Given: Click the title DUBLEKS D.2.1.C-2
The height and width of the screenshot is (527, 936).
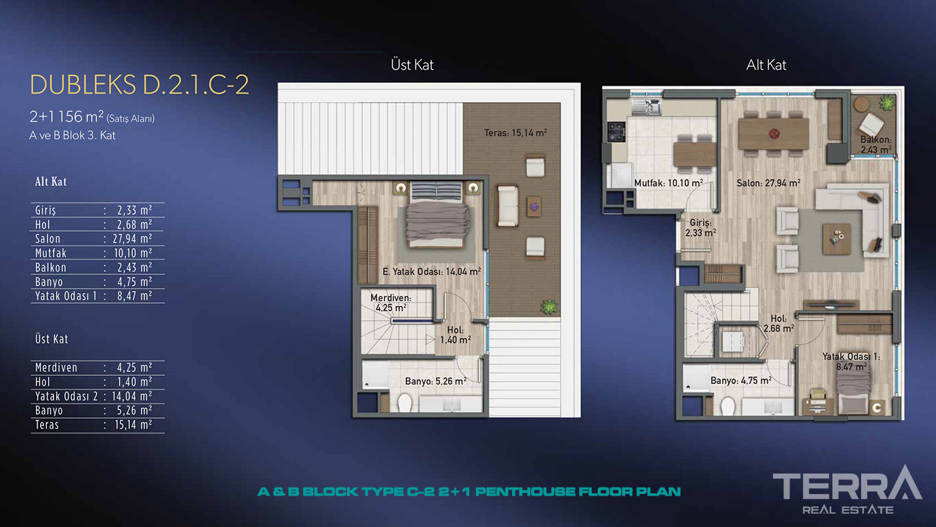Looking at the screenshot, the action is pyautogui.click(x=139, y=85).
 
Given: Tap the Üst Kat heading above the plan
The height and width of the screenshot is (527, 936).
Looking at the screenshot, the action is pyautogui.click(x=412, y=65).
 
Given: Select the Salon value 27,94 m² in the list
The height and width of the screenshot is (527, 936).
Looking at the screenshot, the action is pyautogui.click(x=132, y=239).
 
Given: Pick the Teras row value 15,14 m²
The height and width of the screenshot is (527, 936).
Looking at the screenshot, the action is pyautogui.click(x=133, y=425).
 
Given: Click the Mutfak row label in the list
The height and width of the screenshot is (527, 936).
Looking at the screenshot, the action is pyautogui.click(x=51, y=253).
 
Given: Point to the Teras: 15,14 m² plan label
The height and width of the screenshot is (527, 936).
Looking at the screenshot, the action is pyautogui.click(x=515, y=133).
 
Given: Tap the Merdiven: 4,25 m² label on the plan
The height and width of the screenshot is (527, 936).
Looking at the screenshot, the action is pyautogui.click(x=390, y=303).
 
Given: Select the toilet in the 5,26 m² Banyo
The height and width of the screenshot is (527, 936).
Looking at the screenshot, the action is pyautogui.click(x=404, y=403).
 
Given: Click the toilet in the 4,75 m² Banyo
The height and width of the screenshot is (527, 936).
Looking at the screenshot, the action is pyautogui.click(x=727, y=405).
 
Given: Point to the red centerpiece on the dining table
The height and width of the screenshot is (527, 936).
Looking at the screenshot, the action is pyautogui.click(x=774, y=134).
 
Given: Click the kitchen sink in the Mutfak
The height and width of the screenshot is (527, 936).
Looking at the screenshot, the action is pyautogui.click(x=646, y=106).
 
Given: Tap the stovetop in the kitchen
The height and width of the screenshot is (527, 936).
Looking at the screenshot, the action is pyautogui.click(x=616, y=132).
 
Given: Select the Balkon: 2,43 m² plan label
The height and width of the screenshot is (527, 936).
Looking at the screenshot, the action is pyautogui.click(x=876, y=144).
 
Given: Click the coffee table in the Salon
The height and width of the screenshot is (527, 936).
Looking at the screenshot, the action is pyautogui.click(x=836, y=239).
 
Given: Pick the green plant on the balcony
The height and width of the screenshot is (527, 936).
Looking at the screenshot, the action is pyautogui.click(x=887, y=102).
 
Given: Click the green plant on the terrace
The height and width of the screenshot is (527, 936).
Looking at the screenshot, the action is pyautogui.click(x=549, y=307).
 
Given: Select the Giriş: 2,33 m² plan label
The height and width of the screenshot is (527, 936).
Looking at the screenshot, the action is pyautogui.click(x=701, y=228).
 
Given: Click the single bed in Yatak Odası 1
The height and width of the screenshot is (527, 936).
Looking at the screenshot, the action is pyautogui.click(x=853, y=392).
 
